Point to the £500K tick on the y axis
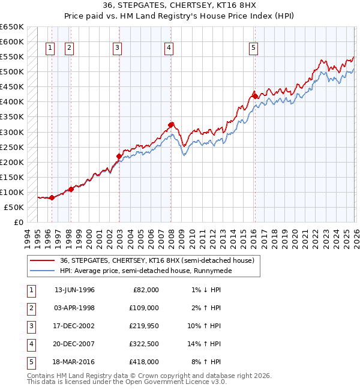pyautogui.click(x=13, y=72)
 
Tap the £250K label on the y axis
pyautogui.click(x=13, y=147)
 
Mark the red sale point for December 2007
pyautogui.click(x=171, y=125)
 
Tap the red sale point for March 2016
pyautogui.click(x=254, y=96)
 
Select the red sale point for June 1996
pyautogui.click(x=52, y=197)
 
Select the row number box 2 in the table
pyautogui.click(x=31, y=308)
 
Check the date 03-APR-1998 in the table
pyautogui.click(x=74, y=308)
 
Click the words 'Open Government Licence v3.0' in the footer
pyautogui.click(x=175, y=382)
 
